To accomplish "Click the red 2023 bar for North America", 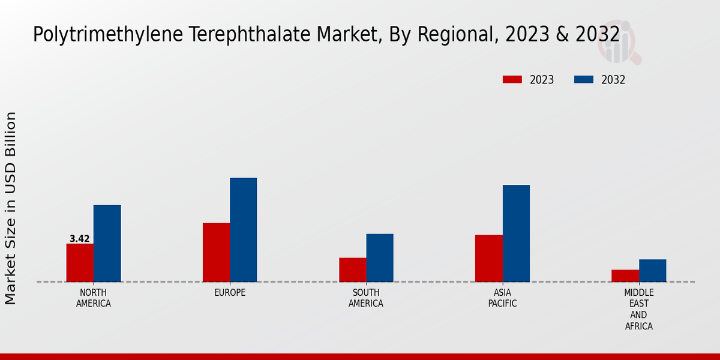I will coord(80,263).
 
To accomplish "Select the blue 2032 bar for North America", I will coord(107,244).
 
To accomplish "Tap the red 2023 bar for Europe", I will coord(216,253).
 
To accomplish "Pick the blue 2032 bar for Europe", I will coord(243,230).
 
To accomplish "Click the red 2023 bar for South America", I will coord(352,270).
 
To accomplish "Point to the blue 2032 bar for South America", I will coord(380,258).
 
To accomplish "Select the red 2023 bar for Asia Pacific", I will coord(488,259).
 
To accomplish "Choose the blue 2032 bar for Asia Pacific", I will coord(516,233).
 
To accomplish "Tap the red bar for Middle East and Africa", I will coord(625,276).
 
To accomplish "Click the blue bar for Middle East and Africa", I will coord(652,271).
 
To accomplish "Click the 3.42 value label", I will coord(80,239).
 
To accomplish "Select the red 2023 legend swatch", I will coord(512,80).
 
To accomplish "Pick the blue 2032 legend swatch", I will coord(584,80).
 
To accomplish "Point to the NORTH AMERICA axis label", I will coord(94,298).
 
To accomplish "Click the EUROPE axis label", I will coord(230,293).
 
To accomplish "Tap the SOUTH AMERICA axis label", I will coord(366,298).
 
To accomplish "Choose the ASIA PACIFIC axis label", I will coord(503,298).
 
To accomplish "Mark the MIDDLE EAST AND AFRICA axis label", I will coord(639,310).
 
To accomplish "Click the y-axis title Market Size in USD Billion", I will coord(11,208).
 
